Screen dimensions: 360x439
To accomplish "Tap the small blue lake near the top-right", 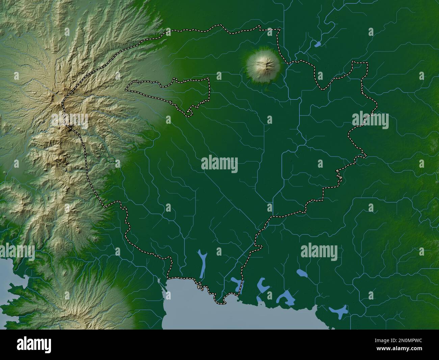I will coord(317,44).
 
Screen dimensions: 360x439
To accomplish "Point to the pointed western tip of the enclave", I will coord(126,90).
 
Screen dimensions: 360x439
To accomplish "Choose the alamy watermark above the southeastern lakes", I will coord(319,252).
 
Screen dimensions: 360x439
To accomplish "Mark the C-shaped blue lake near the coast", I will coord(262,285).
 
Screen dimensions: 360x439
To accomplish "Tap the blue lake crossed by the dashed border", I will coord(238,284).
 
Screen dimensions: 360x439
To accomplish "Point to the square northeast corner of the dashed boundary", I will coord(367,63).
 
